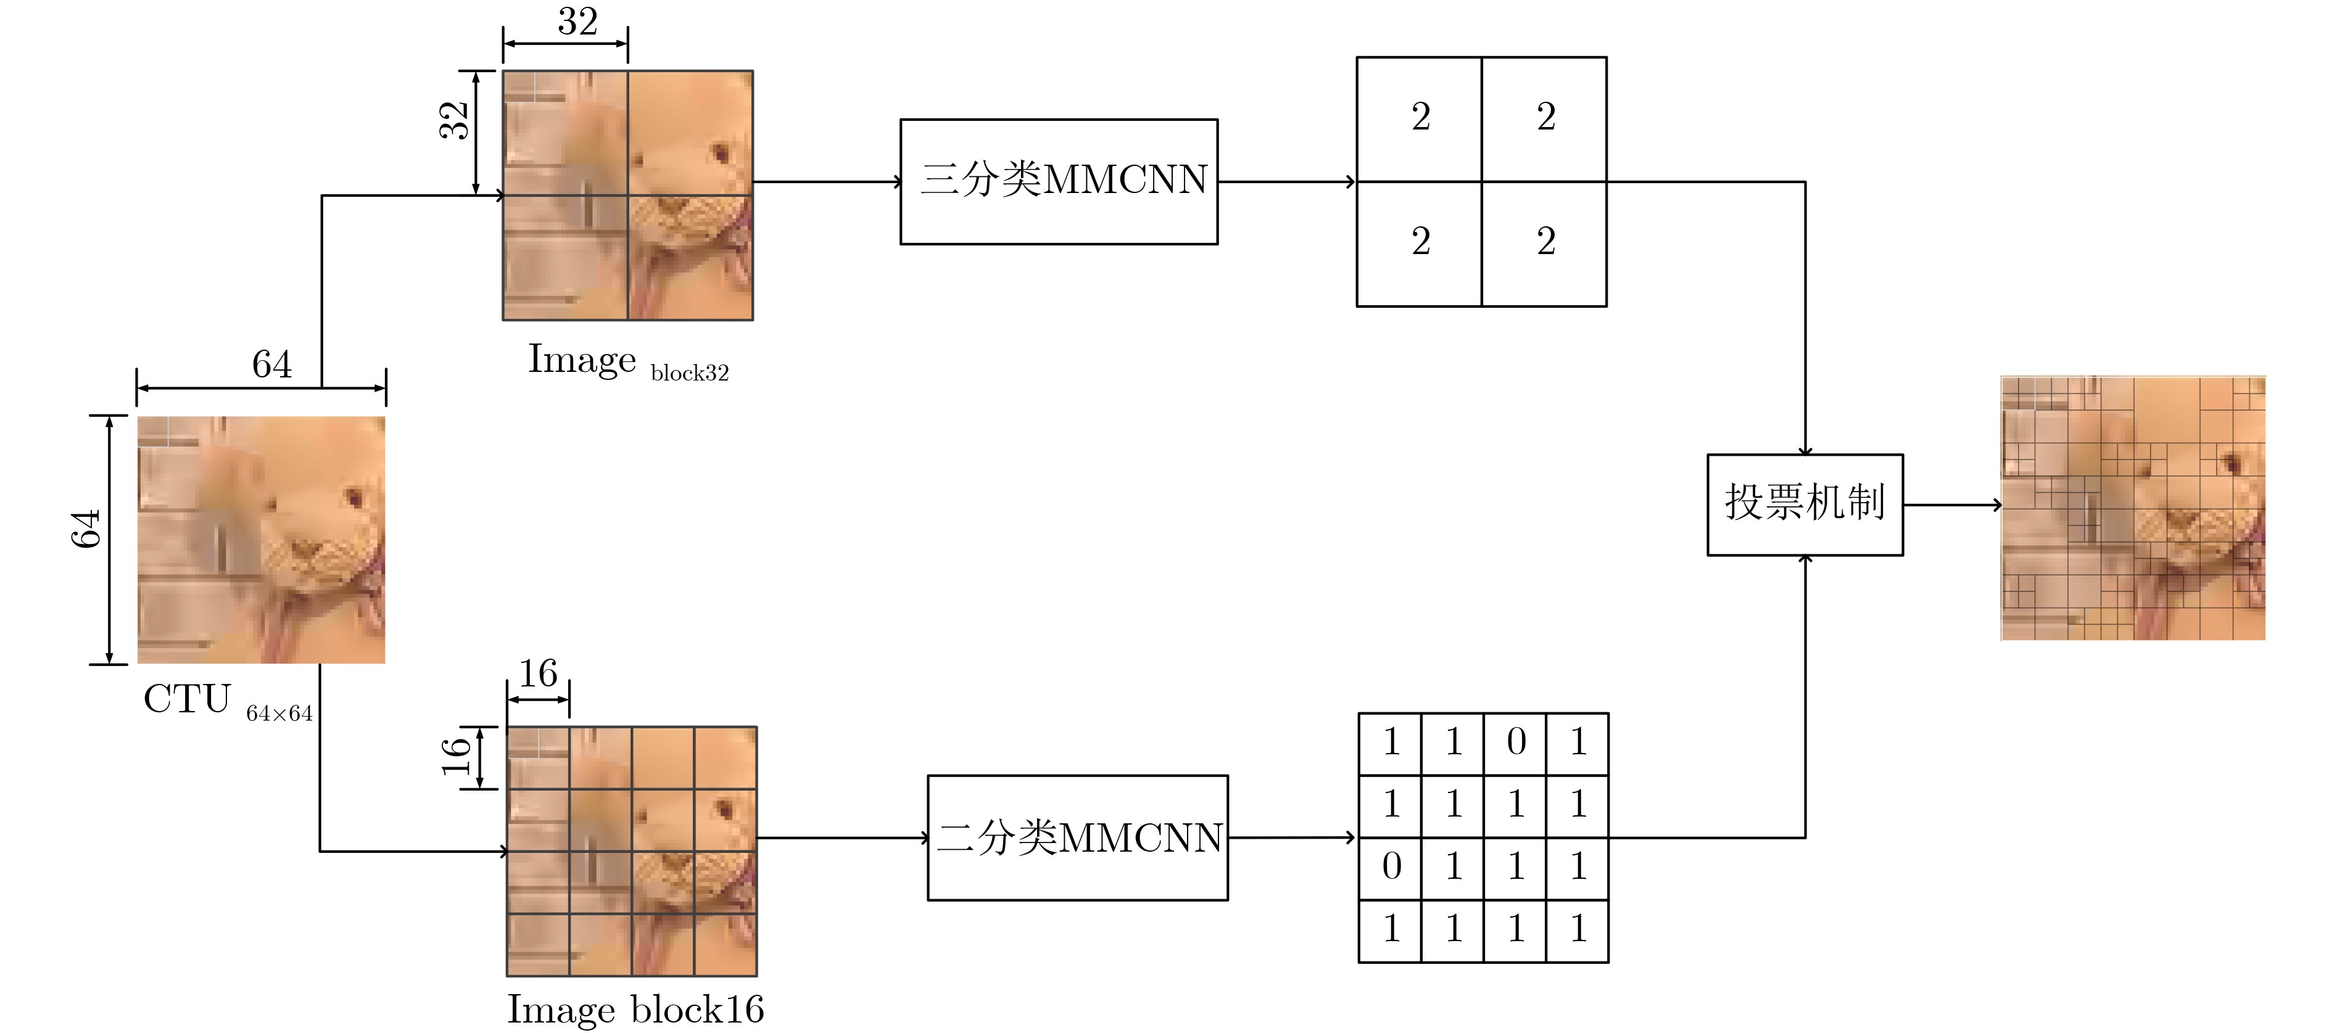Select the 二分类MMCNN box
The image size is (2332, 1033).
point(1077,838)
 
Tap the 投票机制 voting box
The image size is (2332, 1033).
point(1805,504)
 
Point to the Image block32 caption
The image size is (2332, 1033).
point(628,362)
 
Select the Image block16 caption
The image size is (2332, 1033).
point(635,1008)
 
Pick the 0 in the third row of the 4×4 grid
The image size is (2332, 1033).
point(1391,866)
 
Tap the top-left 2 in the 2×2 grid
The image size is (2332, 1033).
point(1420,117)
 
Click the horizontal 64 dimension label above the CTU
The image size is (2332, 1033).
point(271,364)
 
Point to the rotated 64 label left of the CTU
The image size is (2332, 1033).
point(85,529)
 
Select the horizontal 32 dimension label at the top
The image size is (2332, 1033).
point(577,21)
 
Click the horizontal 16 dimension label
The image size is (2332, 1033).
point(538,673)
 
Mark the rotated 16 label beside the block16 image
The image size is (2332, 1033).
point(455,757)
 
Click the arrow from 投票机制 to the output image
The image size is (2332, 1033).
point(1953,504)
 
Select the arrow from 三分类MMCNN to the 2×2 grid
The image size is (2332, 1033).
point(1288,181)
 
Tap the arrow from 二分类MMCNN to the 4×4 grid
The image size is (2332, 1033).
point(1292,838)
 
